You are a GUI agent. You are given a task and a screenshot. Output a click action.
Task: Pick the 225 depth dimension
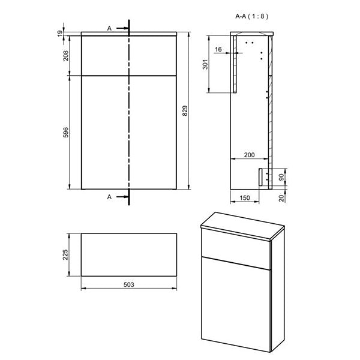(x=67, y=256)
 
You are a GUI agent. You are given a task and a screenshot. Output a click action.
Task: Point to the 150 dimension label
(x=244, y=197)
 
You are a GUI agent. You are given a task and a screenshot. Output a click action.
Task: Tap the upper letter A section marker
(x=109, y=28)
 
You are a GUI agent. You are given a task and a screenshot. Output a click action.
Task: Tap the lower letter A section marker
(x=109, y=196)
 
